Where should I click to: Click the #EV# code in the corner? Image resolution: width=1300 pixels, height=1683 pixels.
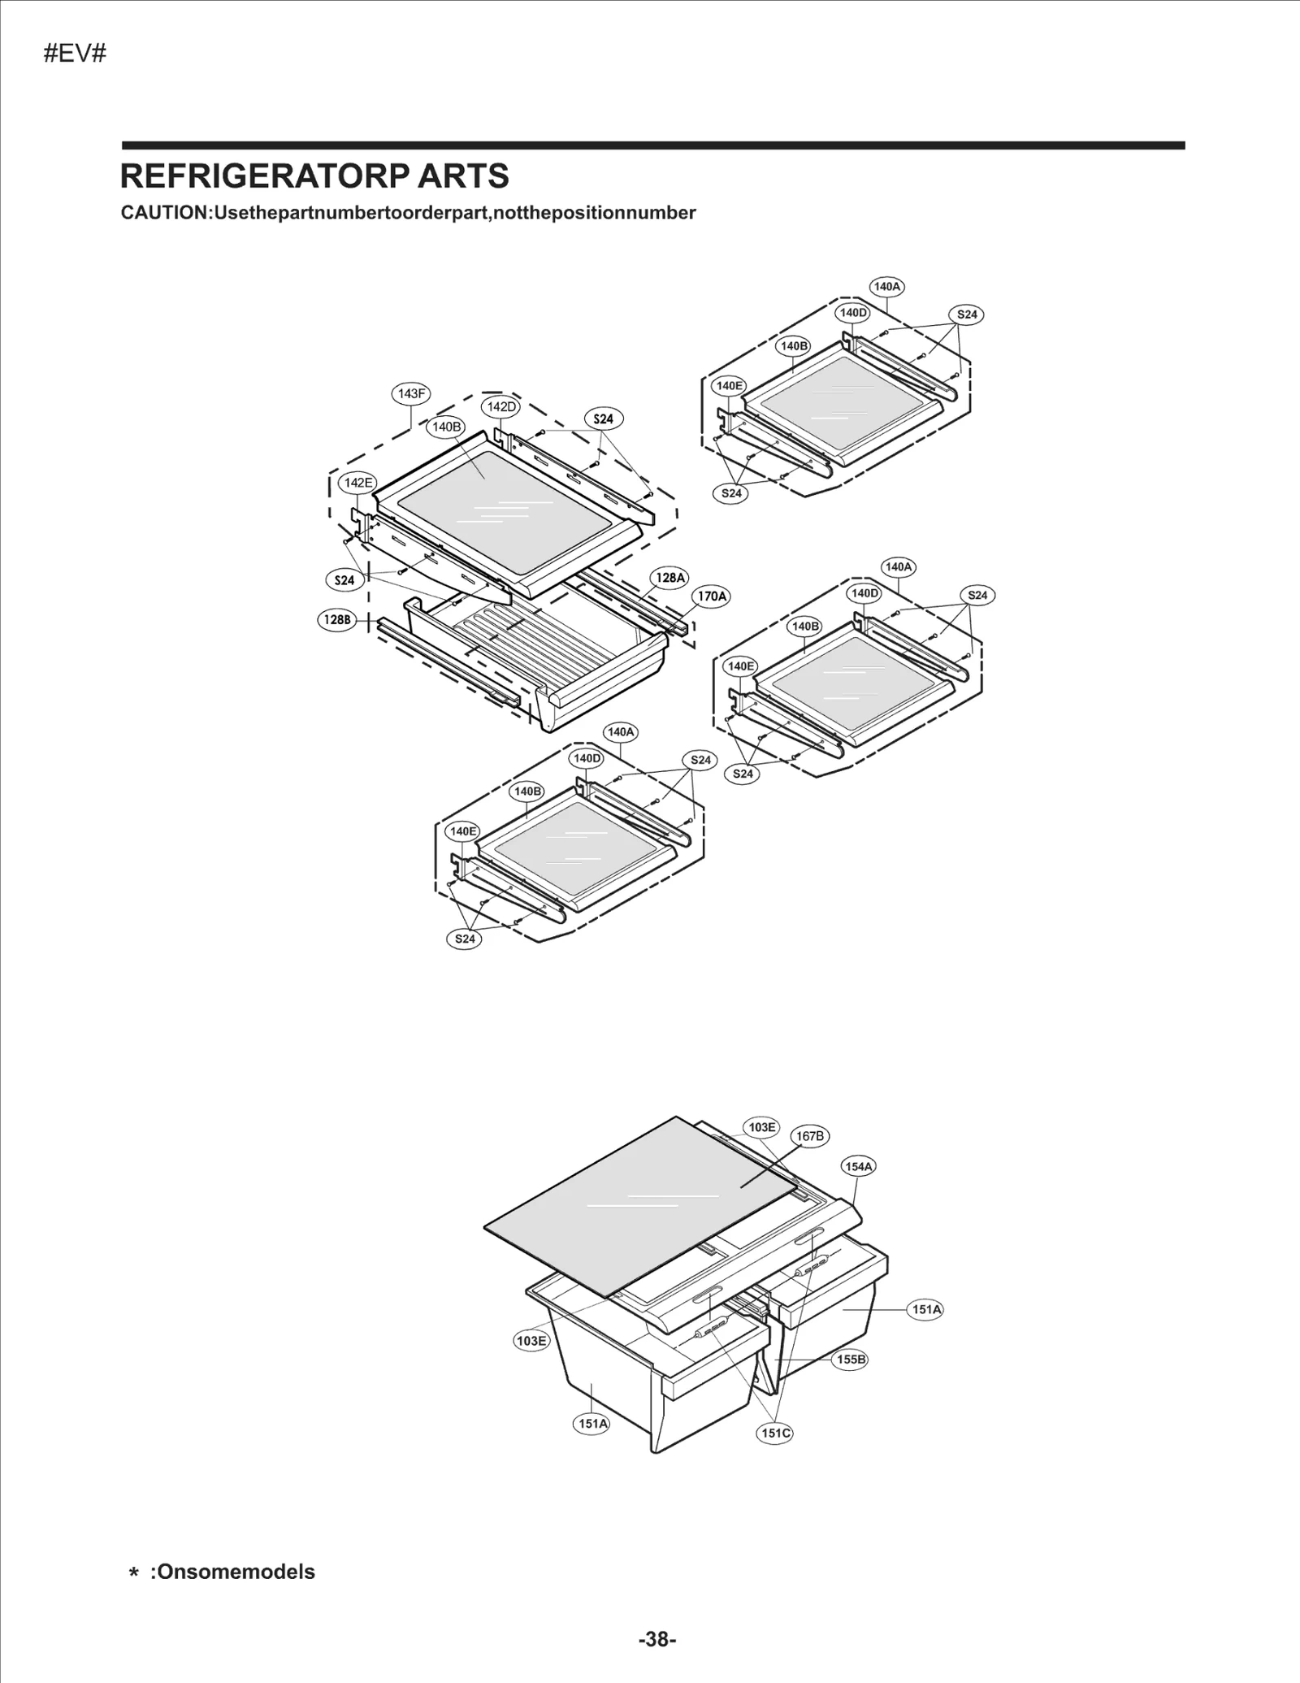click(75, 54)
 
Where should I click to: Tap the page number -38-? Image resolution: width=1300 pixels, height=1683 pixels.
click(656, 1639)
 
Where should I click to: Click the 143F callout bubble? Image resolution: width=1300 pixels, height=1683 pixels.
click(410, 394)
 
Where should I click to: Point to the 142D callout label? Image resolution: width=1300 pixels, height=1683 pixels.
click(501, 407)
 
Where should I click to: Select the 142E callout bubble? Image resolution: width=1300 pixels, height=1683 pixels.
click(357, 483)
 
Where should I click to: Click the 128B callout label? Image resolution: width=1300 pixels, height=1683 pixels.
click(336, 620)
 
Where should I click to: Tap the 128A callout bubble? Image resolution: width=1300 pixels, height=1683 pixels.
click(670, 578)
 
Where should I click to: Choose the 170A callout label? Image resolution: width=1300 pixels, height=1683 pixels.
click(712, 596)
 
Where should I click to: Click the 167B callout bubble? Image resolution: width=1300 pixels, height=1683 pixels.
click(810, 1136)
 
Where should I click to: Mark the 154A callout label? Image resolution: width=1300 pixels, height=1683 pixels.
click(859, 1166)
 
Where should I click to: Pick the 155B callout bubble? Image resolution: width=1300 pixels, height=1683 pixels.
click(851, 1360)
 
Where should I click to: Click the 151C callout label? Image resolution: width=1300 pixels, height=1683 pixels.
click(775, 1433)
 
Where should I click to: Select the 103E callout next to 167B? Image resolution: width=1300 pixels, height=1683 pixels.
click(761, 1127)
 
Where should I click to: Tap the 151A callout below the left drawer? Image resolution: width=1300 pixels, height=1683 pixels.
click(592, 1424)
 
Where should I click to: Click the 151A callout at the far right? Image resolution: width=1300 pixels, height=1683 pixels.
click(926, 1309)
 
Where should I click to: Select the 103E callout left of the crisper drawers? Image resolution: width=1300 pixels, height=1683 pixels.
click(531, 1340)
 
